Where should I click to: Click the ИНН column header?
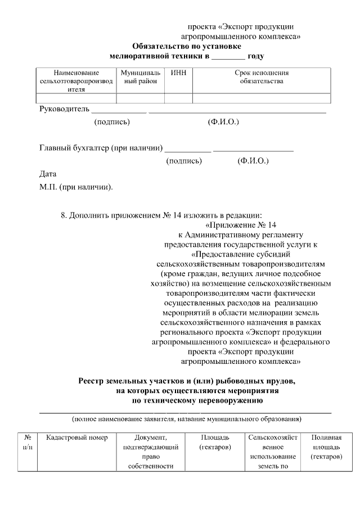pos(178,73)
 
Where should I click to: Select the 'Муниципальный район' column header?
pos(140,78)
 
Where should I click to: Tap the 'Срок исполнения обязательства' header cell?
pos(261,78)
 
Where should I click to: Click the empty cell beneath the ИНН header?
pos(178,98)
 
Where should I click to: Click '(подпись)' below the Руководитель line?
pos(112,121)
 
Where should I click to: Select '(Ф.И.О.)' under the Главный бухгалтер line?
pos(253,161)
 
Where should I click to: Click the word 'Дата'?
pos(48,174)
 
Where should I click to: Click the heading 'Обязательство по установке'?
pos(187,46)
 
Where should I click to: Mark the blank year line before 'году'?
pos(229,57)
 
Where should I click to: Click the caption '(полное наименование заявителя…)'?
pos(186,419)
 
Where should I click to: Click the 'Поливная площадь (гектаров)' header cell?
pos(326,447)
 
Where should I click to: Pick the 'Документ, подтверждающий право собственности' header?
pos(150,452)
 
